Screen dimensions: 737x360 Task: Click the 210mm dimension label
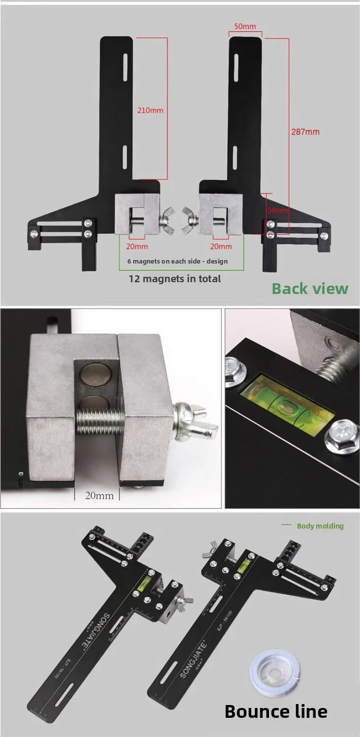[x=150, y=110]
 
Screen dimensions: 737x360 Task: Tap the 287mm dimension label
[x=305, y=132]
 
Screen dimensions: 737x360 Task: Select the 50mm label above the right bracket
[x=244, y=27]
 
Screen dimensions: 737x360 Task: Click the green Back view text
[x=310, y=288]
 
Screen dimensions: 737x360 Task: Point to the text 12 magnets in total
[x=175, y=279]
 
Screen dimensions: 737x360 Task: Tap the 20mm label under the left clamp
[x=138, y=246]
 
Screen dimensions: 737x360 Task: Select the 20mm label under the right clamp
[x=221, y=246]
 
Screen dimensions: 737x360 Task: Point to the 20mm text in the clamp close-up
[x=99, y=495]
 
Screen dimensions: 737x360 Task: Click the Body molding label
[x=320, y=526]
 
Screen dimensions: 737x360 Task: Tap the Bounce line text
[x=275, y=711]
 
